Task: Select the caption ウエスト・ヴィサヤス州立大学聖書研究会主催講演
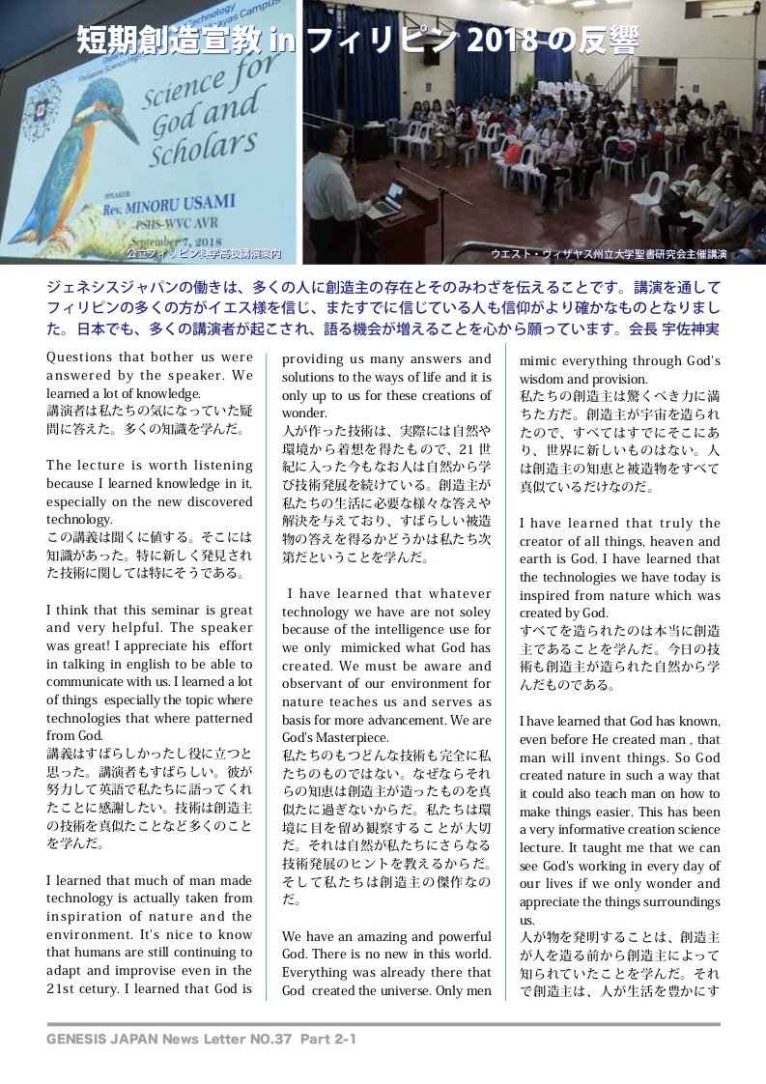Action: [x=609, y=254]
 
